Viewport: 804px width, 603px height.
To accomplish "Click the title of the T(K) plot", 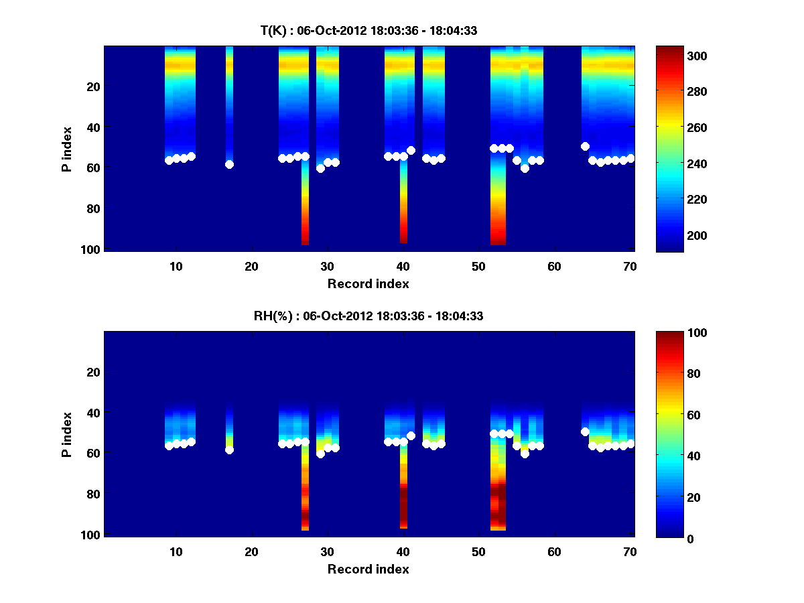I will [x=368, y=31].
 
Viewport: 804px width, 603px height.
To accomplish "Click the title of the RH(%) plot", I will [x=368, y=316].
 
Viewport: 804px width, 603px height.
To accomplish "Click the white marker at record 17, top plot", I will [x=229, y=164].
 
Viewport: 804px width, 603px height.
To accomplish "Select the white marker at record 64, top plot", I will [x=585, y=146].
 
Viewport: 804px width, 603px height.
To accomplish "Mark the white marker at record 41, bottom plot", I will [x=411, y=435].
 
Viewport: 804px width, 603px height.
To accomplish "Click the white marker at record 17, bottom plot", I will [x=229, y=450].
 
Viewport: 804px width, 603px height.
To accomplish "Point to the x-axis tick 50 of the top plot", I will [x=478, y=266].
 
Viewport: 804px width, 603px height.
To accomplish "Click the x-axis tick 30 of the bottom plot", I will [x=328, y=551].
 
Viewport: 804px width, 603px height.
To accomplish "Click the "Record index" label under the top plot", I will [x=368, y=283].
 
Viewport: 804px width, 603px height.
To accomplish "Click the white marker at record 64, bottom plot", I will [x=585, y=431].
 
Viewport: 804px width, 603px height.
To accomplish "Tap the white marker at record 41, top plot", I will [x=411, y=150].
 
